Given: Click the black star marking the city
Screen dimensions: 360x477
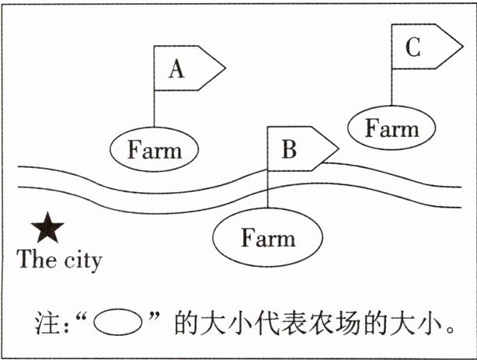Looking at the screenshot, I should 48,228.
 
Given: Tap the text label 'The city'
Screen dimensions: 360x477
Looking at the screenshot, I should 59,259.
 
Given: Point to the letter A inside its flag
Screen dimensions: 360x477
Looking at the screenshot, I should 177,70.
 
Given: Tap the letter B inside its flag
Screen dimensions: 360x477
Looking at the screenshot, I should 289,149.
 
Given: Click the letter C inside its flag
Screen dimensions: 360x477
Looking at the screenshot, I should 413,48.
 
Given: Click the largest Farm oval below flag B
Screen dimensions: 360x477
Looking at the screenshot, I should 267,237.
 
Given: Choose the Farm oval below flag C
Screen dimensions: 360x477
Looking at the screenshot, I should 392,128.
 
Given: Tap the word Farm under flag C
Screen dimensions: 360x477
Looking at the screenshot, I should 392,128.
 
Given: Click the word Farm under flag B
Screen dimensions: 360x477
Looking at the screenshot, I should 267,238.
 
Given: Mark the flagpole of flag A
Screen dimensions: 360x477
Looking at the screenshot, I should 154,109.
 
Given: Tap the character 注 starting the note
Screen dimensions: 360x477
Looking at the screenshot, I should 46,321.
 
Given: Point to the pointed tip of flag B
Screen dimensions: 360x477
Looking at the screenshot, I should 338,148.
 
